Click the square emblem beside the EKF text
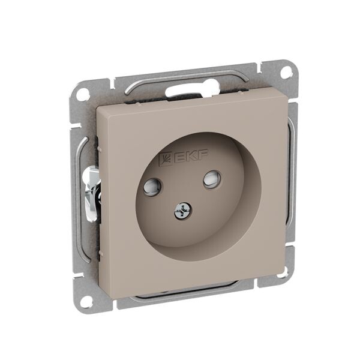coord(166,160)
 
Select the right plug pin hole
coord(212,178)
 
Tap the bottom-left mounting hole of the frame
coord(86,299)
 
